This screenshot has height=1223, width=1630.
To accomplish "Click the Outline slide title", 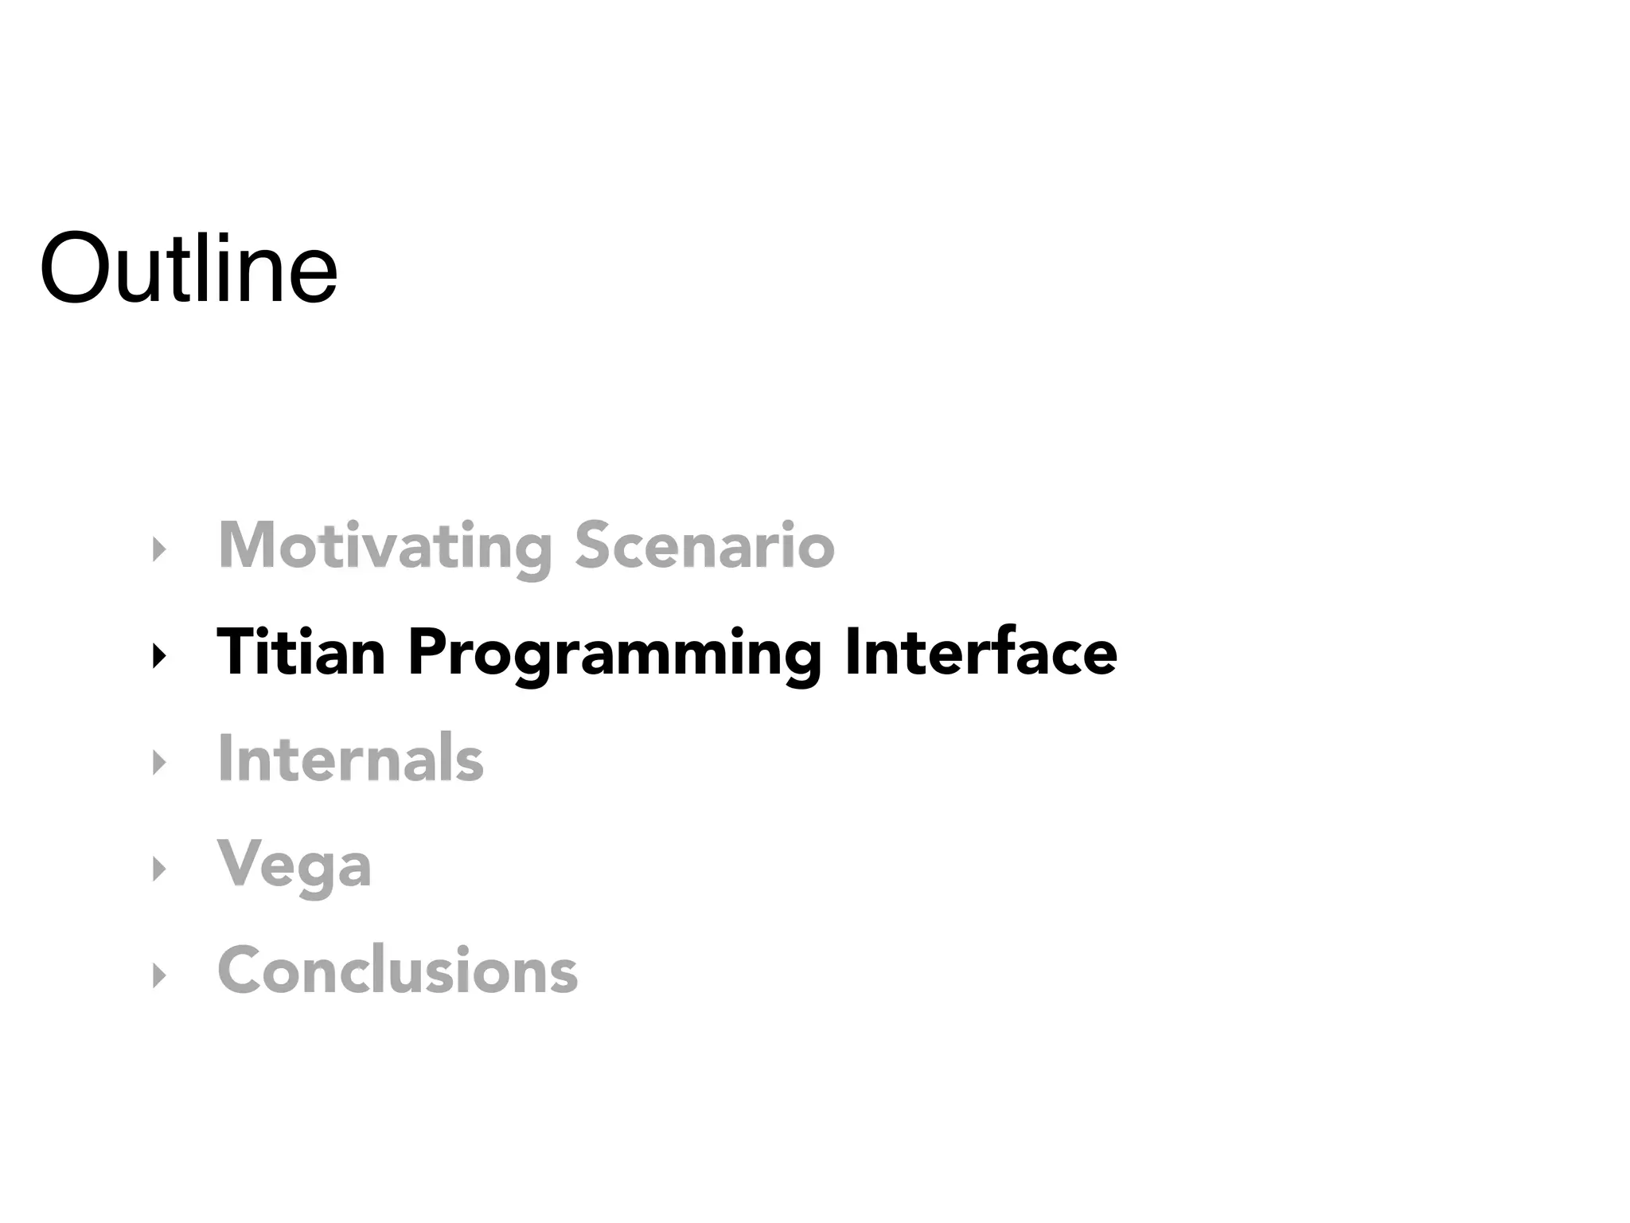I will [189, 268].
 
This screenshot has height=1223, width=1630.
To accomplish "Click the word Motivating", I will [384, 545].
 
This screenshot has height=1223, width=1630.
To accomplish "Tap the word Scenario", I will [704, 545].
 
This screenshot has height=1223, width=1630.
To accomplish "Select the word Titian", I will [301, 652].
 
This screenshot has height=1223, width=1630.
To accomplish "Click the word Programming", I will [614, 654].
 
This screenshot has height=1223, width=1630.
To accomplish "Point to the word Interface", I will [981, 652].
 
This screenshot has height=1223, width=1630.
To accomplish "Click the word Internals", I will [350, 759].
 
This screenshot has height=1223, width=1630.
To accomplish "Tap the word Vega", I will [294, 866].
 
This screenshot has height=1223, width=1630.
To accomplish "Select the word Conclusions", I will [397, 971].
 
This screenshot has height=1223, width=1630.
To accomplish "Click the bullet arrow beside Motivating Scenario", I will [159, 549].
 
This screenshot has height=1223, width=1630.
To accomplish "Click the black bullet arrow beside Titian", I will [159, 656].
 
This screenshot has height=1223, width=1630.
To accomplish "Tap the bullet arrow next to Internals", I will [159, 763].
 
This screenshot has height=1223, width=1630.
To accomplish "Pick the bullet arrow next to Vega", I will [159, 869].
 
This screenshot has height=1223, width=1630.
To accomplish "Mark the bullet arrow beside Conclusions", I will [159, 975].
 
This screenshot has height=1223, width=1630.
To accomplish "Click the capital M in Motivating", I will [248, 545].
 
